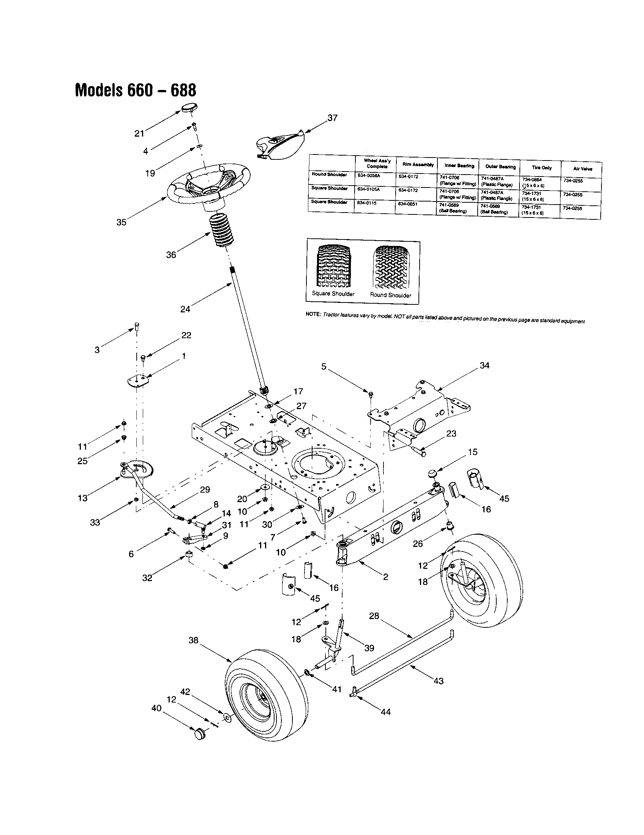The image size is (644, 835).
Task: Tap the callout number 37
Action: (x=332, y=118)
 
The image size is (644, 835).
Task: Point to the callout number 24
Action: (x=185, y=309)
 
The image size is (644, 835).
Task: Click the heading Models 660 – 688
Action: (x=136, y=90)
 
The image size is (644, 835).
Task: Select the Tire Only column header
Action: (x=541, y=168)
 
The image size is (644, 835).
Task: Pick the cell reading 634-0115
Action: (x=366, y=203)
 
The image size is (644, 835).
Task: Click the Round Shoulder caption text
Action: (x=390, y=295)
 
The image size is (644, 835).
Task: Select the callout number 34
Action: (x=484, y=366)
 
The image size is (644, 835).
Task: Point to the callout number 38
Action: (x=194, y=640)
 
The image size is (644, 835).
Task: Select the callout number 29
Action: (x=205, y=489)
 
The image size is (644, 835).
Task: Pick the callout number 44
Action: (x=385, y=712)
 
